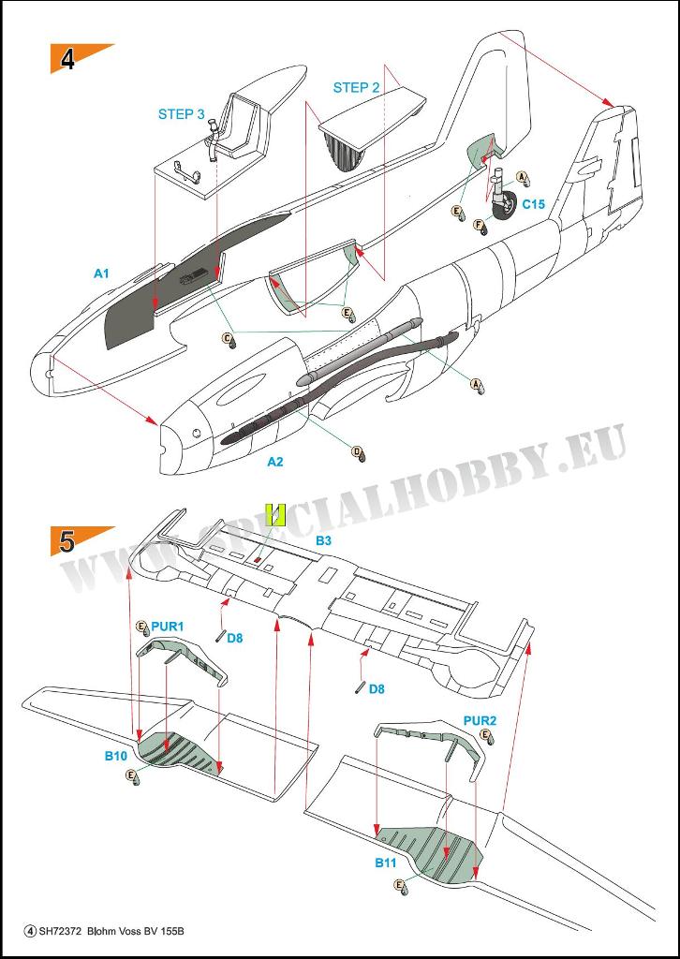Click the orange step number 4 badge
click(77, 57)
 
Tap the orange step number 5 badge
click(77, 540)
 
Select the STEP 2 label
click(356, 87)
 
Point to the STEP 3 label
click(182, 113)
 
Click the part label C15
click(534, 204)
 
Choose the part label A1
click(101, 274)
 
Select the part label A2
click(275, 462)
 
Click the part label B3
click(323, 540)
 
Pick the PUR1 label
click(168, 627)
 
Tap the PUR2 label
click(480, 721)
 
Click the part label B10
click(116, 757)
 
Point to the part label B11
click(387, 863)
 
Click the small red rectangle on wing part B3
click(259, 558)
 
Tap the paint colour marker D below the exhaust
click(358, 453)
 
